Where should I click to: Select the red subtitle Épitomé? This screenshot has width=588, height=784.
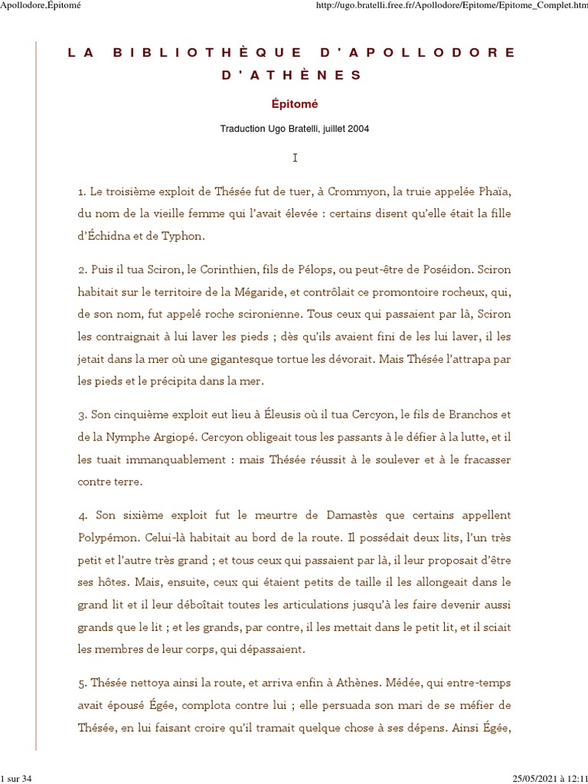pos(295,103)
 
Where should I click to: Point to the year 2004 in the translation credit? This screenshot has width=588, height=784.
pos(358,129)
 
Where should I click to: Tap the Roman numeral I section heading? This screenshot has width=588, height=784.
pos(295,158)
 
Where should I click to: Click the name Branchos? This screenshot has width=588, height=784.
pos(468,415)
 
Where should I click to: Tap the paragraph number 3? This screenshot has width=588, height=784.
pos(82,415)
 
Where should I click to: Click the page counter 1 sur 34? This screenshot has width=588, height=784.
pos(15,779)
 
